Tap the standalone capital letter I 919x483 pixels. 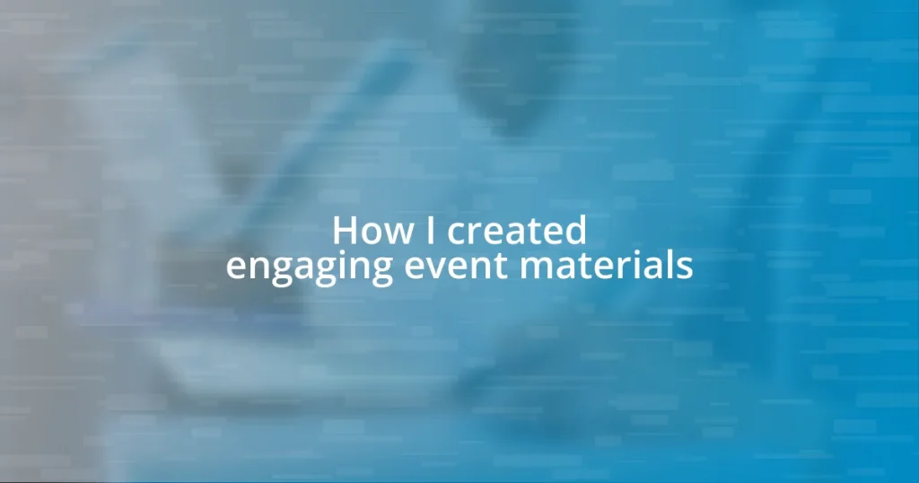tap(431, 232)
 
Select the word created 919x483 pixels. tap(517, 232)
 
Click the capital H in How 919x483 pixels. tap(346, 232)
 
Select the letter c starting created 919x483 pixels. tap(457, 235)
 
